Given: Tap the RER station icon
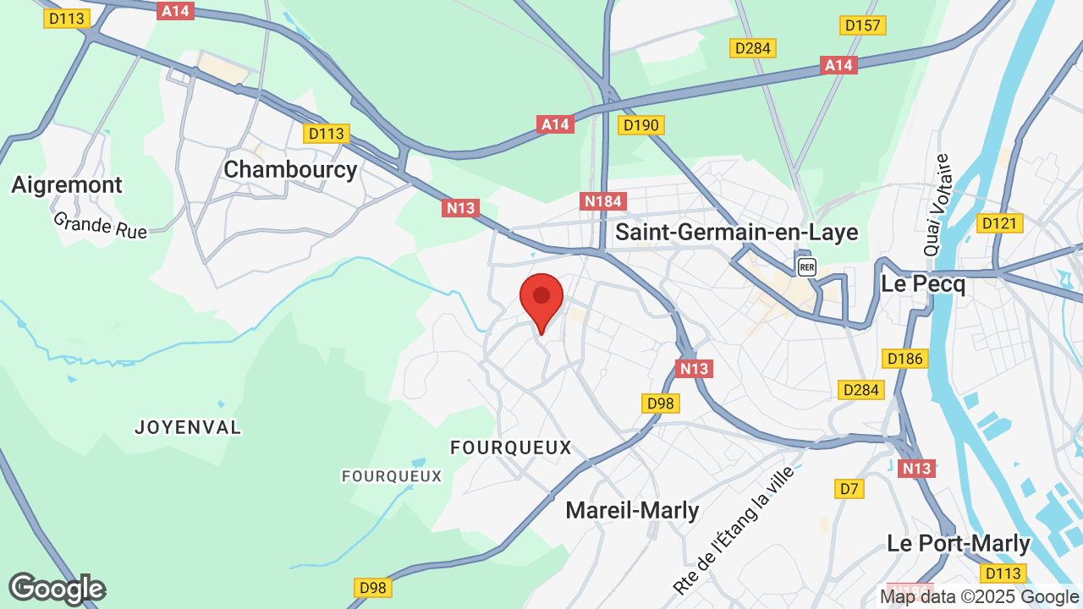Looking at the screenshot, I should pos(807,267).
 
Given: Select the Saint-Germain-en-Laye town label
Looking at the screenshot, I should pos(736,232).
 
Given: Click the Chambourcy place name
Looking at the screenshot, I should pos(290,169).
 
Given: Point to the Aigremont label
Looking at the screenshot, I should pos(67,184).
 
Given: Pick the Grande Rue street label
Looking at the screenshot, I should pos(100,225).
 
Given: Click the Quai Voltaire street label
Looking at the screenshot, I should pos(937,205).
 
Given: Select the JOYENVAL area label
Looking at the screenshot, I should pos(188,427).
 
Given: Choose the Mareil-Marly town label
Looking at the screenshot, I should pos(632,510).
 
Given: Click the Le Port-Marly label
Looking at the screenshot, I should pos(959,543).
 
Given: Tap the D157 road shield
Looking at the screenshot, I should pos(863,25).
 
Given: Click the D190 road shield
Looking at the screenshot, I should pos(641,125).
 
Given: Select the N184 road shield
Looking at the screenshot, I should pos(603,201).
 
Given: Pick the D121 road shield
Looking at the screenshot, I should pos(1000,223).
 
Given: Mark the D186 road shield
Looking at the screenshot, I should pos(904,359).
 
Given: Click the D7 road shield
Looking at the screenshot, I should pos(849,488).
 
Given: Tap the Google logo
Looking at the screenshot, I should pos(57,589).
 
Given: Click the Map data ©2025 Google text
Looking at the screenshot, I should pos(978,597).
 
